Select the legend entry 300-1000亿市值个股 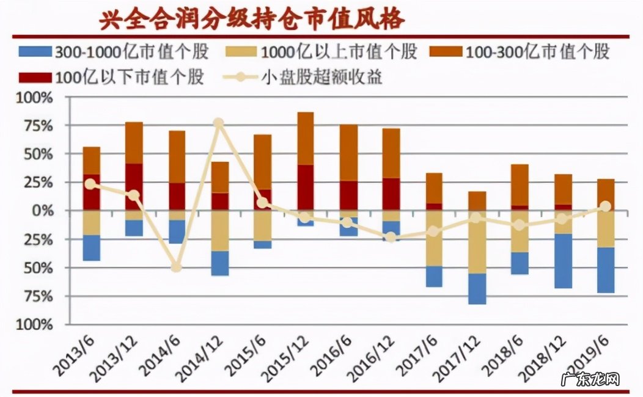tap(114, 51)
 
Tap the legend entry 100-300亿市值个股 tap(525, 51)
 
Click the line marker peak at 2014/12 tap(219, 123)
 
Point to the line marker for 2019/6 tap(605, 206)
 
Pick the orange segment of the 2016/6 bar tap(348, 153)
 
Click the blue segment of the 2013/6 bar tap(91, 248)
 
